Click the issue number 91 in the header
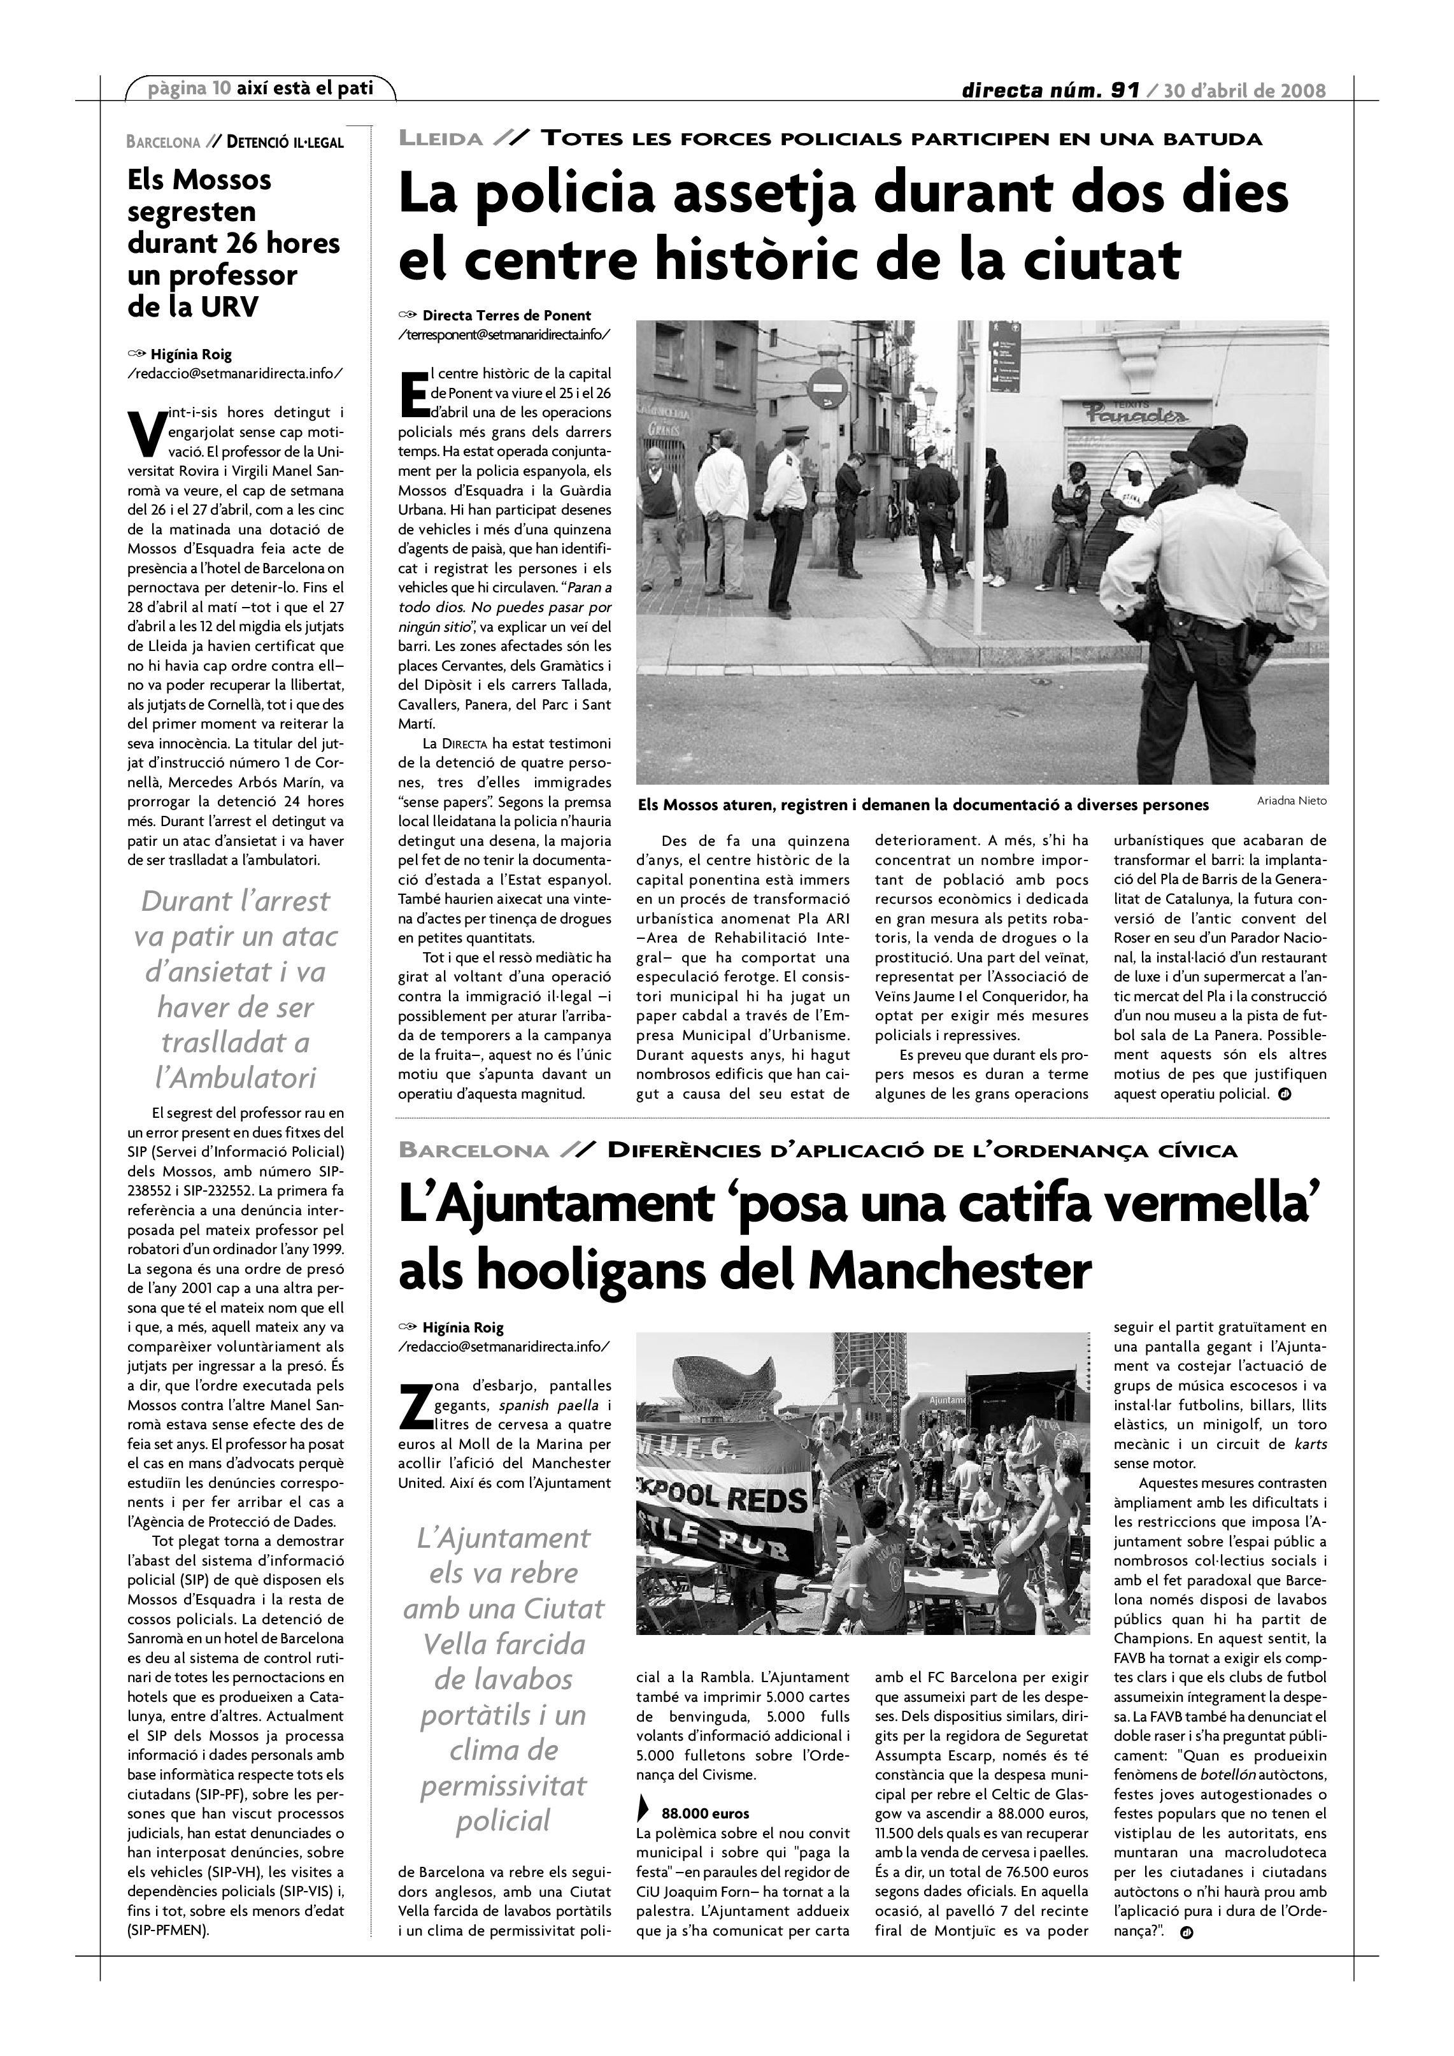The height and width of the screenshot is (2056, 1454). point(1123,90)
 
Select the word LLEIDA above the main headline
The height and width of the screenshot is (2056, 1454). point(441,139)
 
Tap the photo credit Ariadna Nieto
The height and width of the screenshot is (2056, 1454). point(1292,801)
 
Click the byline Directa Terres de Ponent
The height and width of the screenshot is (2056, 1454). point(506,315)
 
